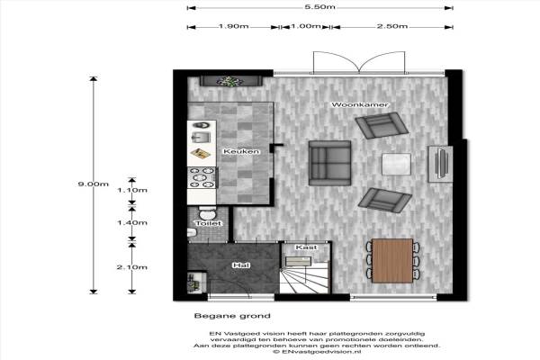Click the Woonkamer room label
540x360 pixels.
pos(359,104)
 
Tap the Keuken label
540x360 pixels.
pos(241,151)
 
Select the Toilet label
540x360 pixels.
pos(209,223)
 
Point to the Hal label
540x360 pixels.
pos(241,265)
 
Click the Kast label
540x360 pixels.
pos(306,247)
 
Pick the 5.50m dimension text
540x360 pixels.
pos(319,7)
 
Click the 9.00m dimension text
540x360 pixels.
pos(94,184)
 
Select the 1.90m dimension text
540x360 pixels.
pos(233,26)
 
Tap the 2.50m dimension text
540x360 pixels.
pos(391,26)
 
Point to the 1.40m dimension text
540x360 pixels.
pos(132,223)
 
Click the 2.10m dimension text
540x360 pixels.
pos(132,267)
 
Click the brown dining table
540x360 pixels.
pos(392,260)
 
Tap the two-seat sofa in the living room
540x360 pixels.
pos(329,163)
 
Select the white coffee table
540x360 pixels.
pos(396,164)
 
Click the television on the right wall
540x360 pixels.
pos(441,163)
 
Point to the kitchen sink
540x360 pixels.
pos(201,138)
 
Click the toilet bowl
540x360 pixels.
pos(207,213)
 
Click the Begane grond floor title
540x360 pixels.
pos(232,316)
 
